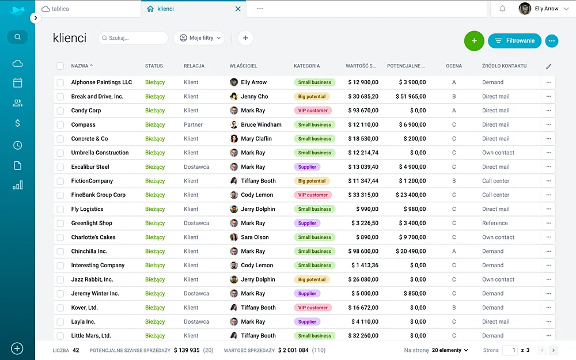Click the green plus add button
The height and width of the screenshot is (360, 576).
[474, 40]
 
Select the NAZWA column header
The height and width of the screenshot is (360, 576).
[79, 66]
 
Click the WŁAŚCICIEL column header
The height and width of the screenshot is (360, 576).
[243, 66]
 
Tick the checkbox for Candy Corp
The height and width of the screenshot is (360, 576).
[60, 111]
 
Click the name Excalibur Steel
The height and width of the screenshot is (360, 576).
[90, 167]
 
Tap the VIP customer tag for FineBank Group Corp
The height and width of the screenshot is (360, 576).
[313, 195]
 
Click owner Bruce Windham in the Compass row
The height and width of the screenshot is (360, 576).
[261, 125]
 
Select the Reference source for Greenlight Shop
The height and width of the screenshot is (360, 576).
[495, 223]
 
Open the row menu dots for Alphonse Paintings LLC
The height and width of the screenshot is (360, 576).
[548, 82]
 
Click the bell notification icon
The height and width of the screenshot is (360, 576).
[502, 9]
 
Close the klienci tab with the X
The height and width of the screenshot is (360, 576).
[238, 9]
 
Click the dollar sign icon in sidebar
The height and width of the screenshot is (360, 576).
[18, 123]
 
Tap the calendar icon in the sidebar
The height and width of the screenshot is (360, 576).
[18, 83]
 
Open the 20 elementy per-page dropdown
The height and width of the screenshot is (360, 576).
[450, 350]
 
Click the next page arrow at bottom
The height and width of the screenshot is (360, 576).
[554, 350]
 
